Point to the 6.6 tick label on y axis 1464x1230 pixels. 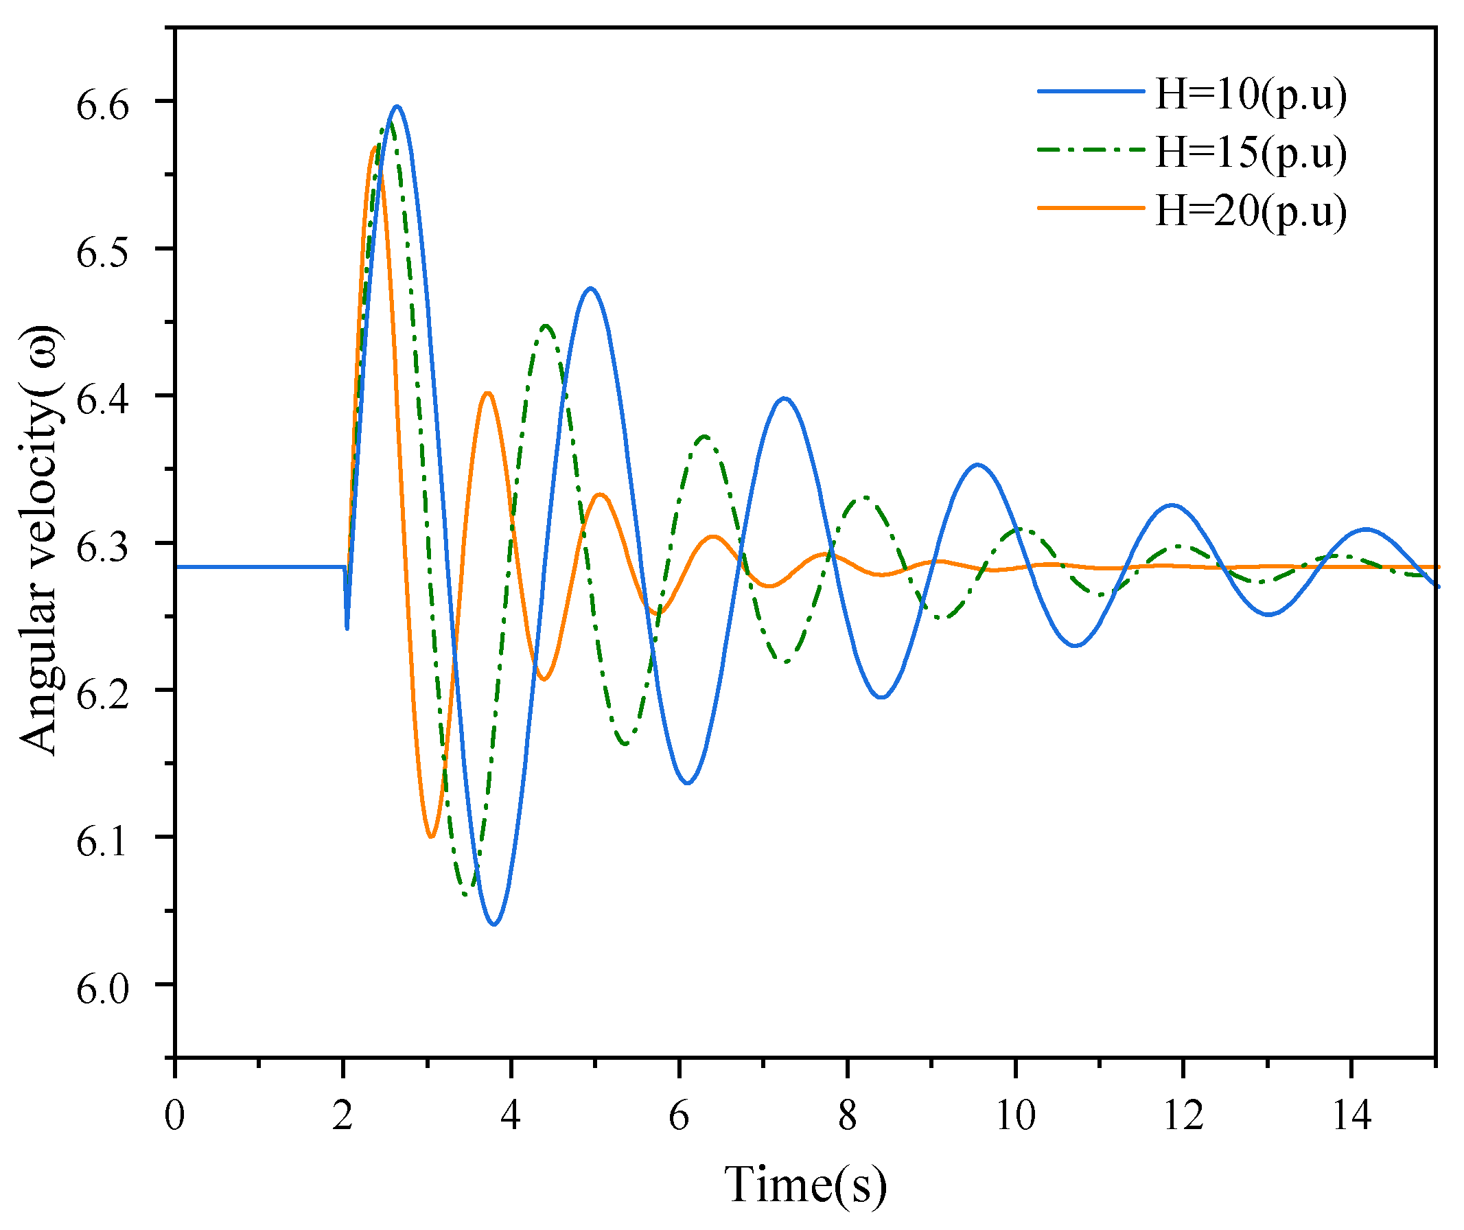[x=102, y=106]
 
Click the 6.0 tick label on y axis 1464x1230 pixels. [x=102, y=989]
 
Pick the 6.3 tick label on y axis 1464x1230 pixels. [x=102, y=547]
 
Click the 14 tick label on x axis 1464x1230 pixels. [x=1351, y=1115]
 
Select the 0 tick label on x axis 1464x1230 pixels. [x=174, y=1115]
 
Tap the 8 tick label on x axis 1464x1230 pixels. [x=847, y=1115]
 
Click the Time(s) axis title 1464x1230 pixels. [x=805, y=1184]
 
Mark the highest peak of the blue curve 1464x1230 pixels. [x=397, y=106]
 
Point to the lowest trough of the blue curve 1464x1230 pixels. [x=494, y=925]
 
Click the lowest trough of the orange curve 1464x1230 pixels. [x=432, y=836]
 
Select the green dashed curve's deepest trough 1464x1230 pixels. [x=467, y=894]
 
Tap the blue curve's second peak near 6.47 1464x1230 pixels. [x=590, y=288]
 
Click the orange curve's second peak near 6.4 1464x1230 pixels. [x=488, y=393]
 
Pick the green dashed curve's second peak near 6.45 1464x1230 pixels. [x=546, y=325]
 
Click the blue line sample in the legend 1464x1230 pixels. [x=1091, y=91]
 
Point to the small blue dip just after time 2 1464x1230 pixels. [x=347, y=627]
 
